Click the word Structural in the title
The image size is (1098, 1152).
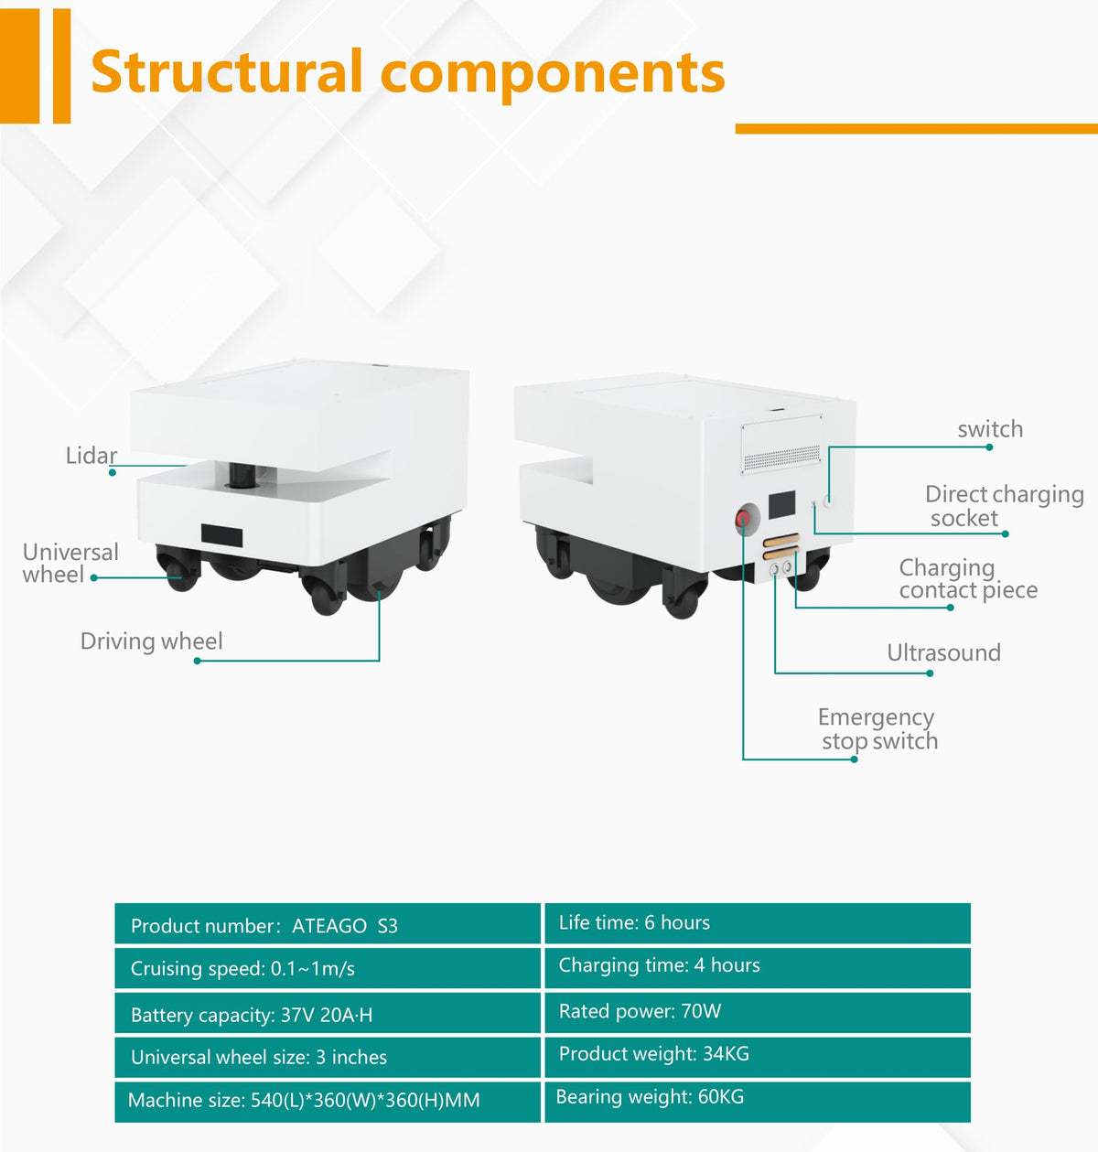click(227, 70)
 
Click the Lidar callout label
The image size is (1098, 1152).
click(91, 456)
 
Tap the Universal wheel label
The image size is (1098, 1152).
click(70, 563)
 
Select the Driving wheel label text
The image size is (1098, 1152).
click(151, 641)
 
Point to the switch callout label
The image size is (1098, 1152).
click(990, 429)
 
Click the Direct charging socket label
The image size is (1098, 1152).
click(1005, 506)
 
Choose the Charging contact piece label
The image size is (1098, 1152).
click(968, 579)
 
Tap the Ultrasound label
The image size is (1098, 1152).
click(943, 652)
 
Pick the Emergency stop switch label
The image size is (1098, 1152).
click(877, 729)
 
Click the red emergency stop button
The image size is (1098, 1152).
click(742, 518)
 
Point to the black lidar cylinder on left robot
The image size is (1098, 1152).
click(242, 475)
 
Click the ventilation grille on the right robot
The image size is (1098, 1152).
click(781, 458)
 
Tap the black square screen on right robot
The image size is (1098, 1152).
click(781, 504)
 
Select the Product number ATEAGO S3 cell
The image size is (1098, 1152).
click(328, 925)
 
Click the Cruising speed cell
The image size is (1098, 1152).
click(328, 968)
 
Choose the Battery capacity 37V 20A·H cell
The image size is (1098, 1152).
click(328, 1014)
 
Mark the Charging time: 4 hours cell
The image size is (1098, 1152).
click(758, 968)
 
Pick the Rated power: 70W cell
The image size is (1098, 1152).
click(758, 1013)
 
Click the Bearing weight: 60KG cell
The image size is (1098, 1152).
click(758, 1102)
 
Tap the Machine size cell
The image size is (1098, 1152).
click(328, 1102)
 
